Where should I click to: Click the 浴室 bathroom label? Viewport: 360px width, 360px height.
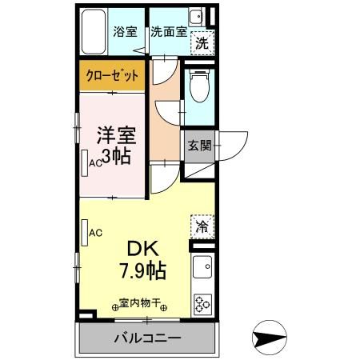[126, 32]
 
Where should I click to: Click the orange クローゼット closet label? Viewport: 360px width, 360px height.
[112, 77]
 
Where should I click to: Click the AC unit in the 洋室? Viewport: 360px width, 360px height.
[85, 161]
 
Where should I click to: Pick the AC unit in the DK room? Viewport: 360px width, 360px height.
[85, 233]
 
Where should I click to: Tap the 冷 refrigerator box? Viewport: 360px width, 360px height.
[202, 226]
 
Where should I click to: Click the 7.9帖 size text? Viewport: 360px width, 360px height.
[144, 271]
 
